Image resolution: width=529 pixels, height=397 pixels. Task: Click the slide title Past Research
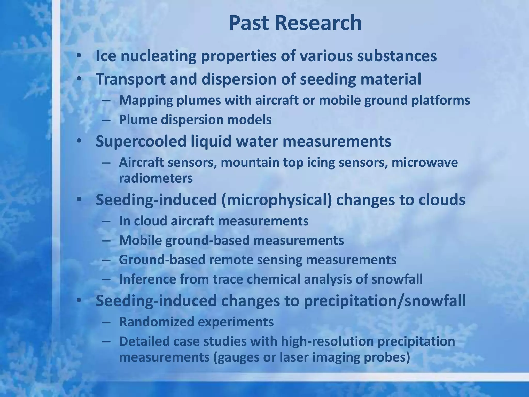[x=295, y=23]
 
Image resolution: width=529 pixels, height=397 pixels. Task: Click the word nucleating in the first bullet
[x=158, y=56]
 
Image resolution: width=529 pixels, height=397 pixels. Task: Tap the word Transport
[x=130, y=79]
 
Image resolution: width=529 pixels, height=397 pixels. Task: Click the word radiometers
[x=156, y=178]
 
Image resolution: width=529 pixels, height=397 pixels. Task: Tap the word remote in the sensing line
[x=231, y=260]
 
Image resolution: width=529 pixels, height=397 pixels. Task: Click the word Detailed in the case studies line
[x=144, y=341]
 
